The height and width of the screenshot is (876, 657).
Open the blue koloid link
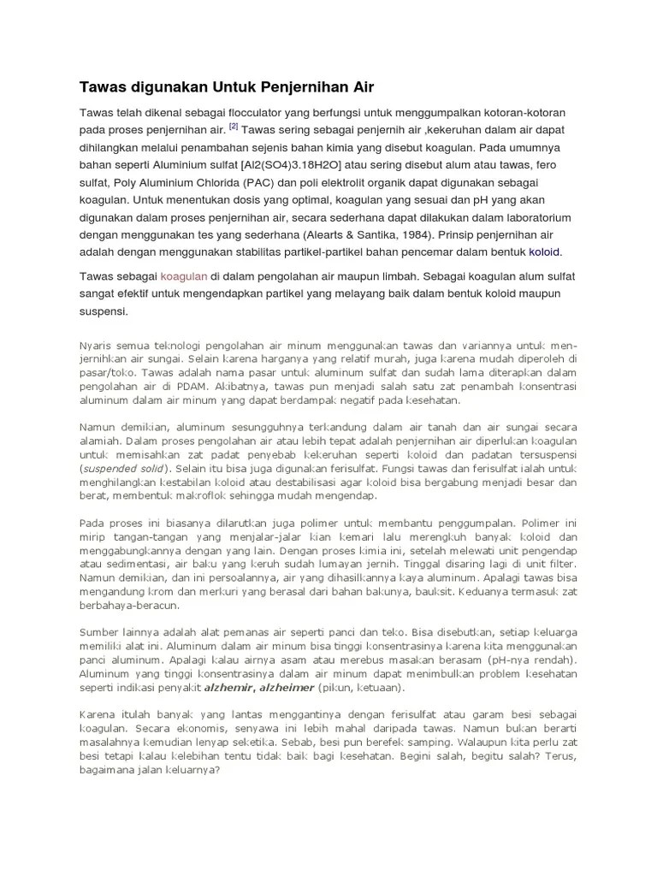tap(544, 252)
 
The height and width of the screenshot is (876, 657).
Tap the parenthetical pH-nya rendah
tap(523, 660)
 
